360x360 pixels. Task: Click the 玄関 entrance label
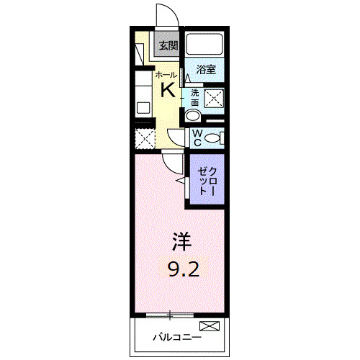pyautogui.click(x=168, y=45)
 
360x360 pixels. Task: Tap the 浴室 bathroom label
pyautogui.click(x=207, y=69)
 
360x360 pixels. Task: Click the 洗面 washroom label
pyautogui.click(x=194, y=98)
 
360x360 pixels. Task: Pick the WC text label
pyautogui.click(x=196, y=138)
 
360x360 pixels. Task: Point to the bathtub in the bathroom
pyautogui.click(x=205, y=45)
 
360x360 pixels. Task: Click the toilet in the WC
pyautogui.click(x=214, y=138)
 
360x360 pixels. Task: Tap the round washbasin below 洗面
pyautogui.click(x=193, y=117)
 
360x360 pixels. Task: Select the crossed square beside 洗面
pyautogui.click(x=213, y=99)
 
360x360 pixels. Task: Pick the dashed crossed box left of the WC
pyautogui.click(x=145, y=138)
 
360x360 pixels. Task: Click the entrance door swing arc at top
pyautogui.click(x=164, y=16)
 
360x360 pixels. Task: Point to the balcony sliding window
pyautogui.click(x=171, y=314)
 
